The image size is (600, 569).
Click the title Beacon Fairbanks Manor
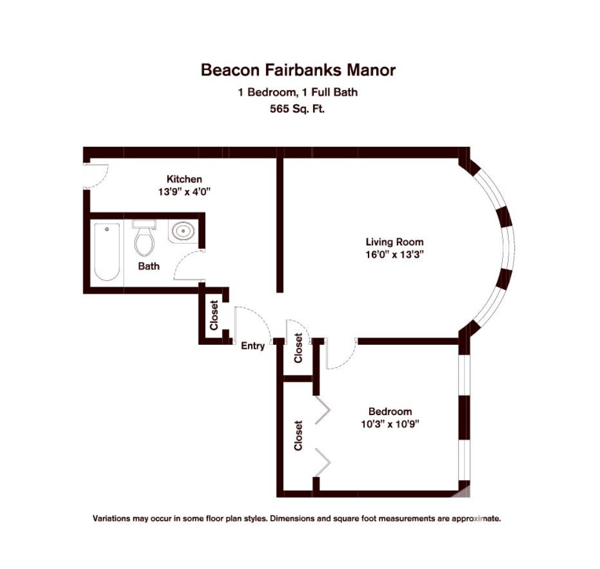(298, 70)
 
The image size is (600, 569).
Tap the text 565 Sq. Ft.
(297, 109)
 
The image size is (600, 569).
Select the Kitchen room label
(184, 179)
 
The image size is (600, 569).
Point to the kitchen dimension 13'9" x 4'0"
(184, 192)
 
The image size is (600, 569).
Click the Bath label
(149, 266)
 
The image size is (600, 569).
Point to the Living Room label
(394, 242)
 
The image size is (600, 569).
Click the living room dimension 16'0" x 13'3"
(394, 254)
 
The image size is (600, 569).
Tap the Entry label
(253, 346)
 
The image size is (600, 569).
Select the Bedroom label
(390, 412)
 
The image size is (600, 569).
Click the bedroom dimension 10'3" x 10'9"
(390, 424)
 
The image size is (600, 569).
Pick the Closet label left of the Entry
(214, 315)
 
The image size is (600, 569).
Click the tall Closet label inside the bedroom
(298, 435)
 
